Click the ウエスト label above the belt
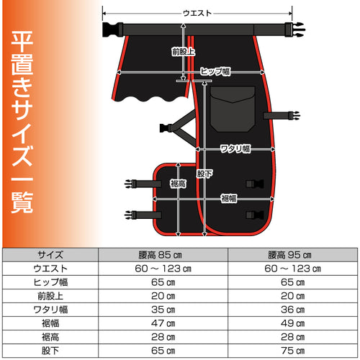tap(197, 13)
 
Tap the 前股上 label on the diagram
tap(184, 52)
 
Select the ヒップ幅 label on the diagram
tap(215, 71)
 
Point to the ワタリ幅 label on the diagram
tap(235, 149)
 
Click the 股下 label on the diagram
tap(204, 174)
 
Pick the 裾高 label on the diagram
tap(178, 184)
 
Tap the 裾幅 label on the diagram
tap(229, 199)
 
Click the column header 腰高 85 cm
tap(160, 255)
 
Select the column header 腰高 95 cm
tap(289, 255)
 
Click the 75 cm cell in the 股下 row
tap(293, 351)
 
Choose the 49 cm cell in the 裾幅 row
tap(293, 323)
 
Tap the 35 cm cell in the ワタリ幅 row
tap(163, 310)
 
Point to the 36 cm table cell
tap(293, 310)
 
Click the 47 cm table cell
tap(163, 323)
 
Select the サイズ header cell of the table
tap(50, 255)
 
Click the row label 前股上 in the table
tap(50, 296)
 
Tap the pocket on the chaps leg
tap(233, 109)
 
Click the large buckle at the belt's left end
tap(113, 30)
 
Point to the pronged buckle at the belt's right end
tap(295, 30)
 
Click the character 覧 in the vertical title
tap(22, 202)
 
